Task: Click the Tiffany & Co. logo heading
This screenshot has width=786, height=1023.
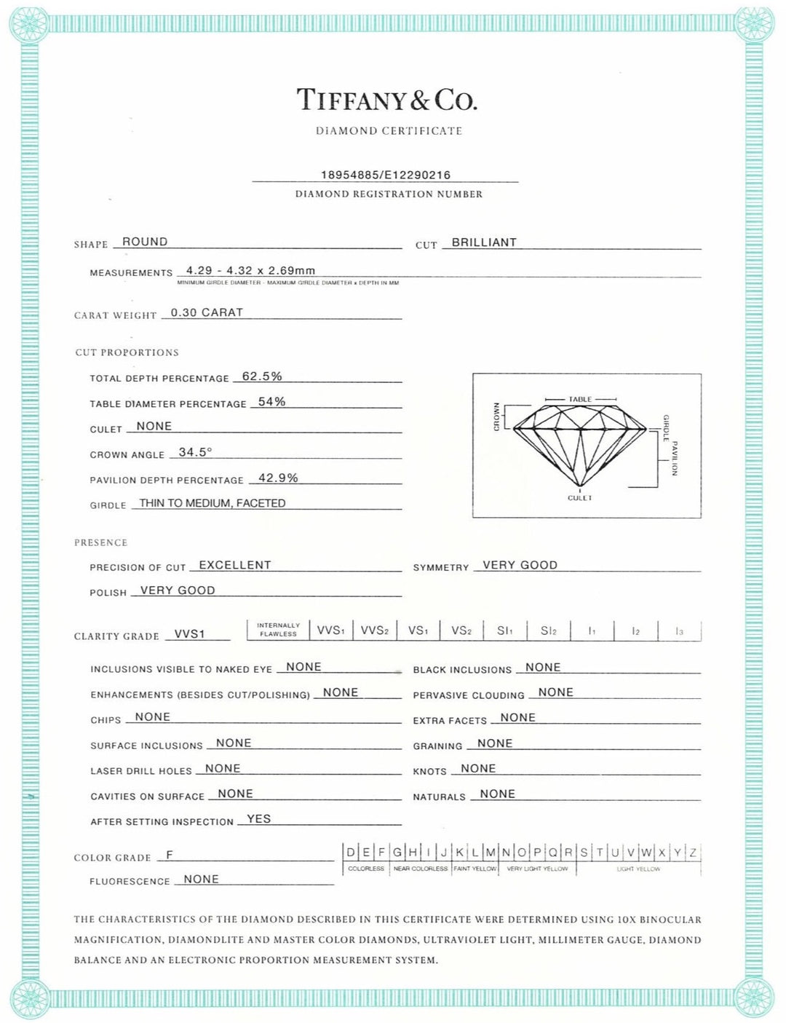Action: [x=386, y=100]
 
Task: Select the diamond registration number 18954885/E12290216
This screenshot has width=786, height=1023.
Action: [x=386, y=175]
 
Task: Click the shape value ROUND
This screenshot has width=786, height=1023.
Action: [x=145, y=242]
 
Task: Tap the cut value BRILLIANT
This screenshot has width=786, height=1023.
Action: [x=484, y=242]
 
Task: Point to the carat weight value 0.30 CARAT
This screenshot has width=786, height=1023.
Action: [x=207, y=312]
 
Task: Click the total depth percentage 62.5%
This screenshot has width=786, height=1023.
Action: [x=262, y=376]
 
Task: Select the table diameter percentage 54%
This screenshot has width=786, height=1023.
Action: [x=271, y=402]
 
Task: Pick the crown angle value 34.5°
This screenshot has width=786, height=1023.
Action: [x=195, y=452]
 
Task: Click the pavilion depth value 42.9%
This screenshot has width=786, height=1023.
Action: [x=278, y=478]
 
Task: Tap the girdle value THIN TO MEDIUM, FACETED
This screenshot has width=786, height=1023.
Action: [x=212, y=503]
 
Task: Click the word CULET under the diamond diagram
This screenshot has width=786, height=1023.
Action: [x=580, y=498]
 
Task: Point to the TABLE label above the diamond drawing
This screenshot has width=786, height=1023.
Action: [x=580, y=400]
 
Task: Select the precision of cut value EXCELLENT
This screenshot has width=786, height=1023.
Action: [x=234, y=565]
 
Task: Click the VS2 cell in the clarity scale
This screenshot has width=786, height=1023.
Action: [x=461, y=631]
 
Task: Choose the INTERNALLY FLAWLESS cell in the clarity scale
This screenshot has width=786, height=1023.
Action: [x=278, y=630]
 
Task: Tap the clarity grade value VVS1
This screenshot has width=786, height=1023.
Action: [x=190, y=634]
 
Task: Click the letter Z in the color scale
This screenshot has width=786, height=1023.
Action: [x=693, y=853]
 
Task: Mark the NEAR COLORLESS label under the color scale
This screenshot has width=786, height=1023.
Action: [x=421, y=869]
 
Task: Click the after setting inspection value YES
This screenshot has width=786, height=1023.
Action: [x=258, y=819]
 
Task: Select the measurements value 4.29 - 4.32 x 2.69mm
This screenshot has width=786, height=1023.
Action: [x=250, y=270]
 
